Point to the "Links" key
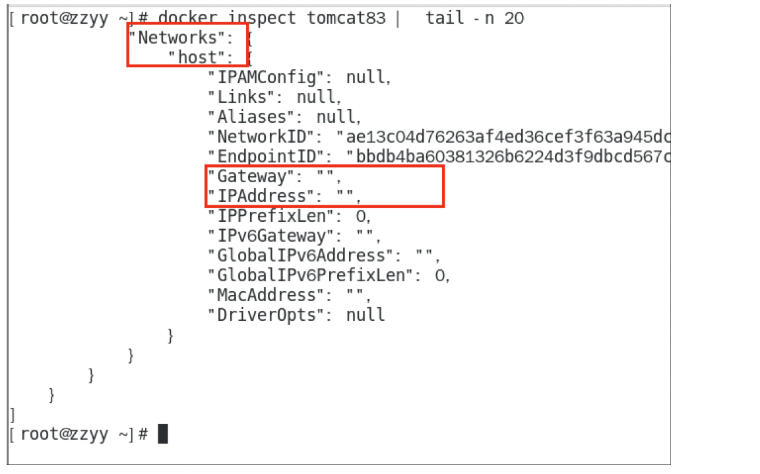pos(242,97)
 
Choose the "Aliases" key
pos(252,117)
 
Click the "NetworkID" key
pos(262,137)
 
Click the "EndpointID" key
pos(272,156)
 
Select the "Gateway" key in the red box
pos(252,176)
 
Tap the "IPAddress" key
pos(262,196)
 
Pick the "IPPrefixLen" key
pos(272,216)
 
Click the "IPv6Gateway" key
pos(272,236)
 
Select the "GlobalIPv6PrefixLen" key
pos(311,275)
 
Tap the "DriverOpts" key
pos(267,315)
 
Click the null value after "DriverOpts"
pos(365,315)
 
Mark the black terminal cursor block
pos(163,434)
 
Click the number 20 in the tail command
pos(514,18)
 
